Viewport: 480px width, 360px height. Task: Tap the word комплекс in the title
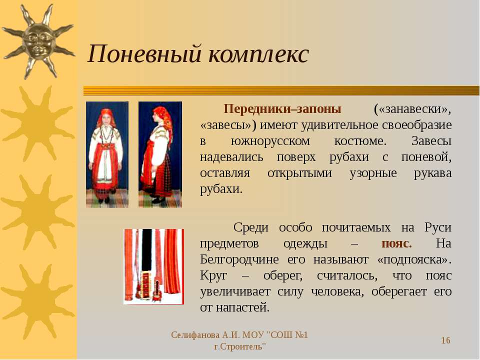(x=258, y=54)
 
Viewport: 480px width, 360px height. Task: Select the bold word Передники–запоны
(x=282, y=108)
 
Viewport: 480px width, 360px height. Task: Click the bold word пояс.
(x=396, y=243)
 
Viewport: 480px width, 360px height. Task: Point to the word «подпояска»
(x=414, y=260)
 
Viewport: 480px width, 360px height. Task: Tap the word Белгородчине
(x=239, y=260)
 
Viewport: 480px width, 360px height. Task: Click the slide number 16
(x=445, y=340)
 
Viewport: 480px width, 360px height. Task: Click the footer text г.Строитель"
(x=240, y=347)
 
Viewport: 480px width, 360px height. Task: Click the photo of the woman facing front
(x=107, y=154)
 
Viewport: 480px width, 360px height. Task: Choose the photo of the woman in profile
(x=160, y=154)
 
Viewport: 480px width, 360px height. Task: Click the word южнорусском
(x=270, y=141)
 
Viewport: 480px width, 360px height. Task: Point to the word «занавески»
(x=412, y=109)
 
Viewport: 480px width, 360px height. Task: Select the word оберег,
(x=283, y=276)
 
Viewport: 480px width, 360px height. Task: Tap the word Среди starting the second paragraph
(x=251, y=228)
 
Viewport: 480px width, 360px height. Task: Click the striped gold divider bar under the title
(x=281, y=90)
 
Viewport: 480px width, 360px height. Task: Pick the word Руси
(x=438, y=228)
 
